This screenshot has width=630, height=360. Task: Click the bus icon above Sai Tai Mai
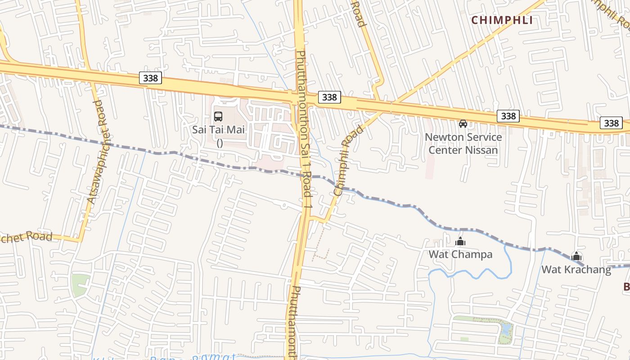(218, 117)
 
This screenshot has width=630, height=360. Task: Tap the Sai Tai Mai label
(219, 130)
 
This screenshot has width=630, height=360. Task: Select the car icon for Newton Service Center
(463, 123)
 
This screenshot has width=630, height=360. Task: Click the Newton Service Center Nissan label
(463, 143)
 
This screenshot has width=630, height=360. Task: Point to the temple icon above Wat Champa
(460, 242)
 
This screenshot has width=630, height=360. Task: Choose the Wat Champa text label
(460, 254)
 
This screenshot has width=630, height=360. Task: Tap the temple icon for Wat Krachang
(576, 256)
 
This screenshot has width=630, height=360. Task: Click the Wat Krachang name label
(576, 270)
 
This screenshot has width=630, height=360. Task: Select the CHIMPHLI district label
(502, 20)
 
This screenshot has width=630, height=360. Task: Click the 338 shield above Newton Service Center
(508, 116)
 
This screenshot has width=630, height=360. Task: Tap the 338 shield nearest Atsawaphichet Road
(150, 78)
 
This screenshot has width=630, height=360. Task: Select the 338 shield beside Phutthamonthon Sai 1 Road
(329, 97)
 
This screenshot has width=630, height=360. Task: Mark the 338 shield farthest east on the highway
(611, 123)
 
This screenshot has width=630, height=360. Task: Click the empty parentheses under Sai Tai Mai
(220, 143)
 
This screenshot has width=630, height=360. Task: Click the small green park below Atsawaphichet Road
(80, 284)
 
